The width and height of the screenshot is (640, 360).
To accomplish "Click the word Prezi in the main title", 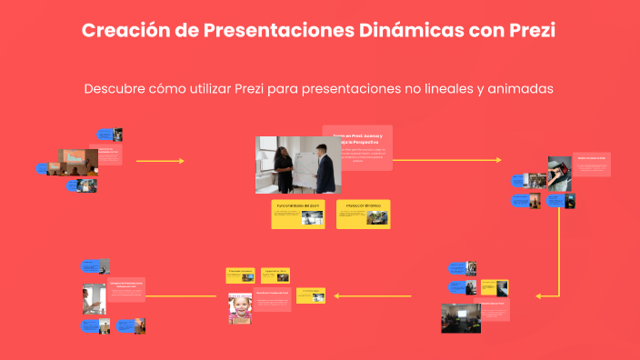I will [x=526, y=30].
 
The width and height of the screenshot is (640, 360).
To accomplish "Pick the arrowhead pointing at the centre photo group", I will [x=181, y=161].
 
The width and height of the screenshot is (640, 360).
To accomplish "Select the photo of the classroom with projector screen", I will [x=461, y=317].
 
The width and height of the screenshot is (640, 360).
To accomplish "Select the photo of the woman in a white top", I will [x=94, y=299].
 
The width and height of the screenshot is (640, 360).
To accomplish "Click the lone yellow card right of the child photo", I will [x=310, y=295].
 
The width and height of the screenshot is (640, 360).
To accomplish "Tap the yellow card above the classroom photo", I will [x=495, y=287].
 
